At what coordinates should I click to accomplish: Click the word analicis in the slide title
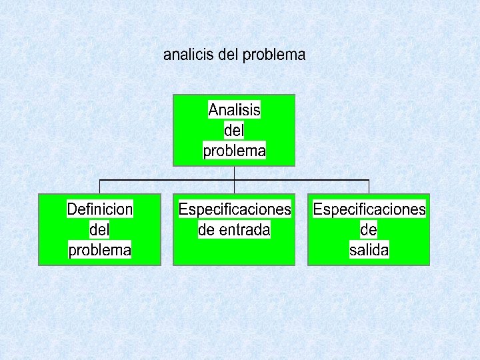[189, 55]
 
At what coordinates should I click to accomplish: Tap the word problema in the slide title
[274, 55]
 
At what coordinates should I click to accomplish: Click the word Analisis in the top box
[234, 109]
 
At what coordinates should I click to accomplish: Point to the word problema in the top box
[234, 151]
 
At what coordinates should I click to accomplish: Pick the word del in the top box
[234, 131]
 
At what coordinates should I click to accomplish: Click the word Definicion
[100, 209]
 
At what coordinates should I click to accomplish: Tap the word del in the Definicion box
[99, 230]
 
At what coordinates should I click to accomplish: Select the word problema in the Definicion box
[100, 251]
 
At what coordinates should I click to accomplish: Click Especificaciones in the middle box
[235, 209]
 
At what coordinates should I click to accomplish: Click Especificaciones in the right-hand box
[369, 209]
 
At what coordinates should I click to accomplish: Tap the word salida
[369, 251]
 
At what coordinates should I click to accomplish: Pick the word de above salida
[369, 230]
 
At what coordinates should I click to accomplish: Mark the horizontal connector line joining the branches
[167, 180]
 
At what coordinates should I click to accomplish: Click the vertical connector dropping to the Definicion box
[100, 187]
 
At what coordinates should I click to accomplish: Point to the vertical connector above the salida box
[369, 187]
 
